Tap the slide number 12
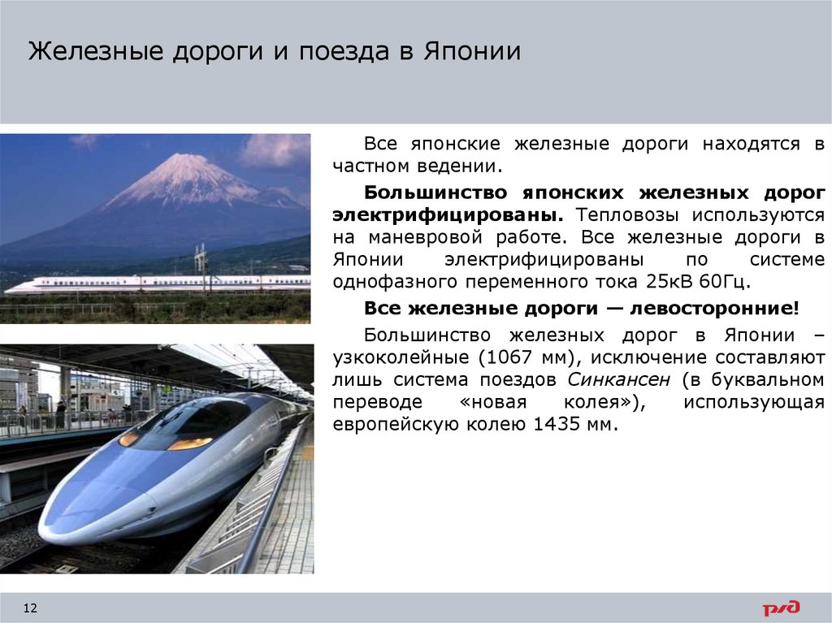(32, 608)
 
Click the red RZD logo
(780, 608)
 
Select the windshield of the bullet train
(191, 421)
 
